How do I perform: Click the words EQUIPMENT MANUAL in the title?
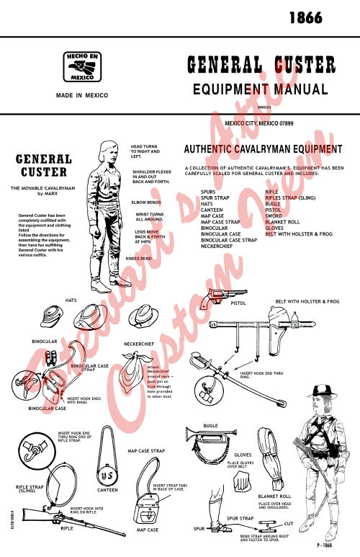(x=260, y=90)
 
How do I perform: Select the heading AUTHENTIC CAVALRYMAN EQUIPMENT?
(x=263, y=150)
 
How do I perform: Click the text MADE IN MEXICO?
(x=82, y=95)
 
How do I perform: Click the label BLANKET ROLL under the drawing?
(x=274, y=496)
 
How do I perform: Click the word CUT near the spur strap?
(x=288, y=522)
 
